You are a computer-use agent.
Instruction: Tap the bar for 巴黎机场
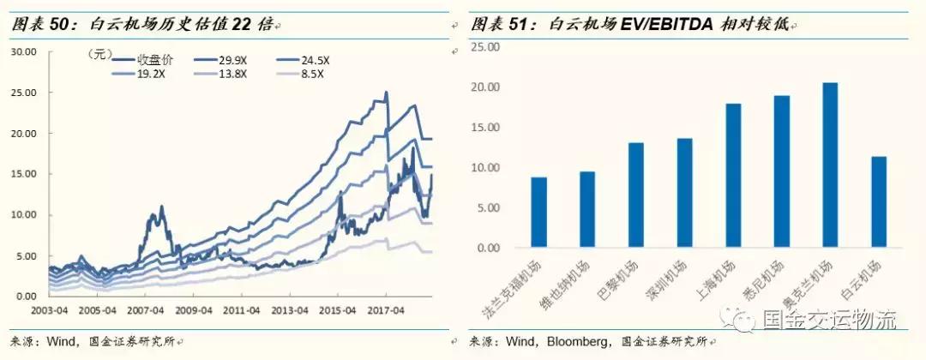point(635,195)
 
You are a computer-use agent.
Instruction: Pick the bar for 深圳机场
point(683,193)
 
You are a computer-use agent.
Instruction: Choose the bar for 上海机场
point(732,176)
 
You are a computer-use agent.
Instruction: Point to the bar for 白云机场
point(878,202)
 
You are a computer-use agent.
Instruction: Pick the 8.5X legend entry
point(313,75)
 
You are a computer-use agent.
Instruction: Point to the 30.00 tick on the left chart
point(23,52)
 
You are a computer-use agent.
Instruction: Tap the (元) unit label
point(100,54)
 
